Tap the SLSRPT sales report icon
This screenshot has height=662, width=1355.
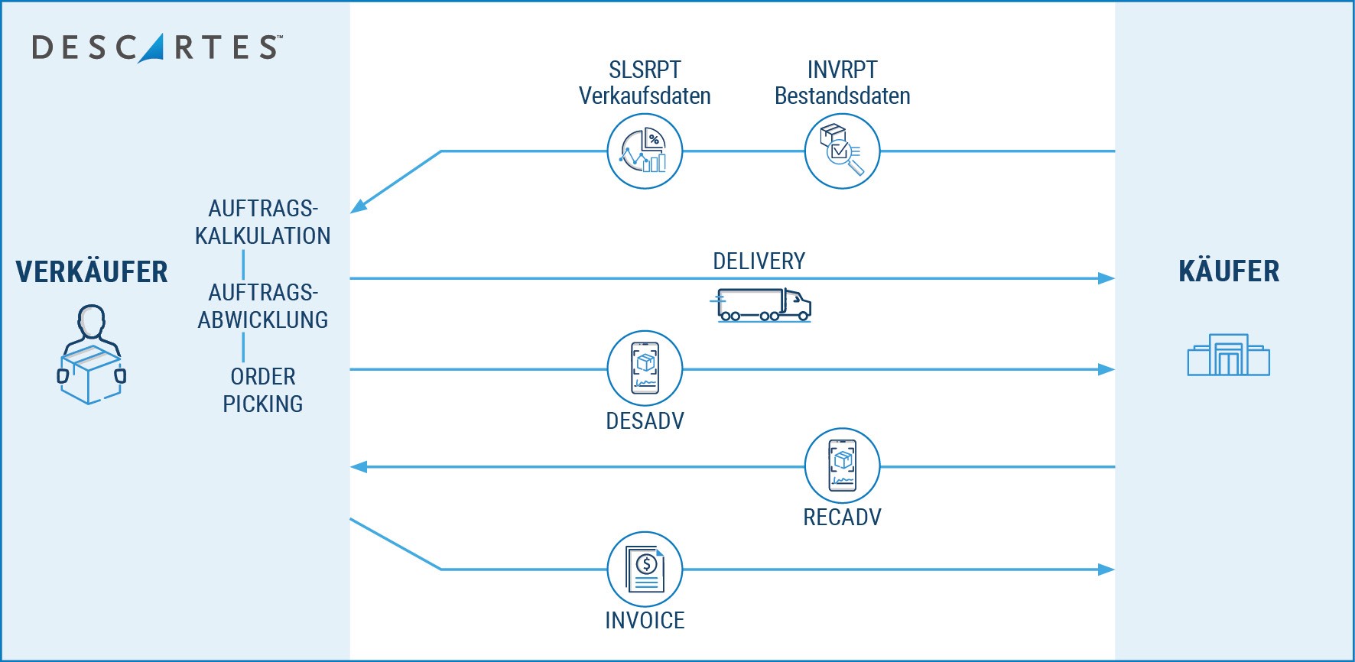click(645, 151)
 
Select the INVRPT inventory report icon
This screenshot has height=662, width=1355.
click(842, 151)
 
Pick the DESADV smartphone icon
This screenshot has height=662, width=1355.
click(645, 368)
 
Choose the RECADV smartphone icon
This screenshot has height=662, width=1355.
click(842, 466)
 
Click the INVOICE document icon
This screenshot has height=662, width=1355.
click(645, 569)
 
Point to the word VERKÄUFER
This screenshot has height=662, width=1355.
click(92, 272)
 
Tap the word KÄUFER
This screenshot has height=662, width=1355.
click(1229, 271)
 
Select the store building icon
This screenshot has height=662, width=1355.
click(1228, 355)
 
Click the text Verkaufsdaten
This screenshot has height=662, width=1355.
click(645, 96)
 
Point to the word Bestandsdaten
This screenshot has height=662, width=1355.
click(842, 96)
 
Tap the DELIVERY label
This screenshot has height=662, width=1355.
click(759, 261)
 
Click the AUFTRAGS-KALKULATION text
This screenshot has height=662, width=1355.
click(262, 222)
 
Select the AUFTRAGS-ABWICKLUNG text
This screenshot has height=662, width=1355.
click(262, 306)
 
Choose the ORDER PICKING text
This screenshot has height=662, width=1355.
click(262, 390)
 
